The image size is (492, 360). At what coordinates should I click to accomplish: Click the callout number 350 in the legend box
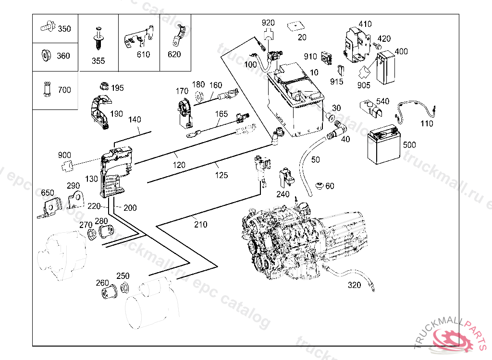[64, 29]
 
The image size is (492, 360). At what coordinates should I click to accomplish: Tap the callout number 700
[64, 90]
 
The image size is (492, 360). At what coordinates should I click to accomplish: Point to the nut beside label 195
[102, 86]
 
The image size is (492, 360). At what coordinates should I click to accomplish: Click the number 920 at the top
[268, 23]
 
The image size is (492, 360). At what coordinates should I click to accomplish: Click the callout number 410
[365, 24]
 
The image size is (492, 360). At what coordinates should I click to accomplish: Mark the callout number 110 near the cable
[426, 123]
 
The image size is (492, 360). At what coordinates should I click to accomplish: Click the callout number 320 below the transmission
[354, 285]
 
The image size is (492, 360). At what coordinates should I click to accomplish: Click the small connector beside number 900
[66, 167]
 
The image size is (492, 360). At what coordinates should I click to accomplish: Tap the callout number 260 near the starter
[102, 283]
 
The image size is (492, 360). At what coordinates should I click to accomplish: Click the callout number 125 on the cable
[221, 175]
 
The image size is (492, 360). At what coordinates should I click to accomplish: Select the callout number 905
[364, 85]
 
